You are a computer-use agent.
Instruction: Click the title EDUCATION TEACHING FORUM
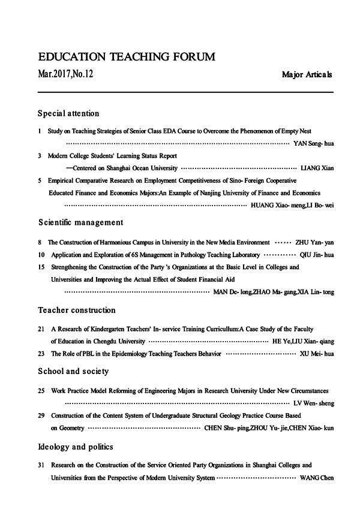coord(126,58)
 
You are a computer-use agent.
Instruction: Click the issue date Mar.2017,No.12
coord(65,75)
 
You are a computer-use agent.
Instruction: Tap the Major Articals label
coord(307,76)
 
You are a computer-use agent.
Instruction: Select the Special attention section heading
coord(68,113)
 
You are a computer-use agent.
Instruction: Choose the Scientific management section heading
coord(80,222)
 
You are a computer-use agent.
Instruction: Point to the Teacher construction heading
coord(76,311)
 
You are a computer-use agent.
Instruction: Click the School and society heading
coord(73,372)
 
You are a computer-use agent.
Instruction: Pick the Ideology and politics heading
coord(75,447)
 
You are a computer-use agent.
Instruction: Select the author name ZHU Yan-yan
coord(315,243)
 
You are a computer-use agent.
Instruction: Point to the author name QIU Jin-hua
coord(317,255)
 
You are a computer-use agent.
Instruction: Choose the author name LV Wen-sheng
coord(314,403)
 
